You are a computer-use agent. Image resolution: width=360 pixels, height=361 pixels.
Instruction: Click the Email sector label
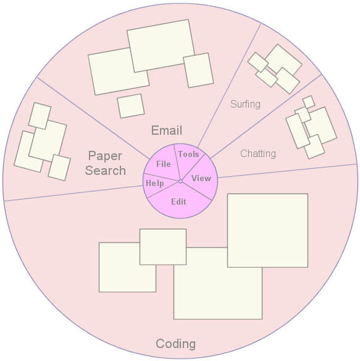coord(167,130)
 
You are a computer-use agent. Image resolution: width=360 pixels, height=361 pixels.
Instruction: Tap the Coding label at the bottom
coord(176,344)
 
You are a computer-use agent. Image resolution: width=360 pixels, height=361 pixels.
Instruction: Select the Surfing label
coord(245,104)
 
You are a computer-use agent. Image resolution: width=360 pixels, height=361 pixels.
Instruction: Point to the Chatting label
coord(258,153)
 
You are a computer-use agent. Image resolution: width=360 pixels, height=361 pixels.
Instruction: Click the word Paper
coord(105,156)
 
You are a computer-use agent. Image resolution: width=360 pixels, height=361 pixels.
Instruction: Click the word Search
coord(106,171)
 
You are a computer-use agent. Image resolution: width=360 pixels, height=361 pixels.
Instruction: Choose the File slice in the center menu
coord(164,164)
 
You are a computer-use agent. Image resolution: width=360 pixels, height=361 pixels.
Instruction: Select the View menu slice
coord(201,178)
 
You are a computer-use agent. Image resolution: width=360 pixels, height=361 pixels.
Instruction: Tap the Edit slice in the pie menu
coord(178,202)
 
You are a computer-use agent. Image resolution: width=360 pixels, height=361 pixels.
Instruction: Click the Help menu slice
coord(155,183)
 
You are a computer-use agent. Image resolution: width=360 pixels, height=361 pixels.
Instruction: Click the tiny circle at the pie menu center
coord(180,181)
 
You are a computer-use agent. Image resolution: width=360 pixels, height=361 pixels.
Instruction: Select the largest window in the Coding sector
coord(267,231)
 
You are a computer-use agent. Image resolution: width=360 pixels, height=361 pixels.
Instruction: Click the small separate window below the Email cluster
coord(131,106)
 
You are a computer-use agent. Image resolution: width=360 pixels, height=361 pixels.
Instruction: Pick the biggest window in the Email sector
coord(161,46)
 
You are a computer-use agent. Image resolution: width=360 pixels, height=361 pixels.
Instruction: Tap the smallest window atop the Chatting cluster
coord(309,102)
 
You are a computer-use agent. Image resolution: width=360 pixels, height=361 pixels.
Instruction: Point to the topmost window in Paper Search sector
coord(40,116)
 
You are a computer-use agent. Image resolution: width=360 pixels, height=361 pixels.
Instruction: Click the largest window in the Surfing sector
coord(283,59)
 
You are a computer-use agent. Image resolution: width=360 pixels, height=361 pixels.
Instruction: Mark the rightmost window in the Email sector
coord(198,70)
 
